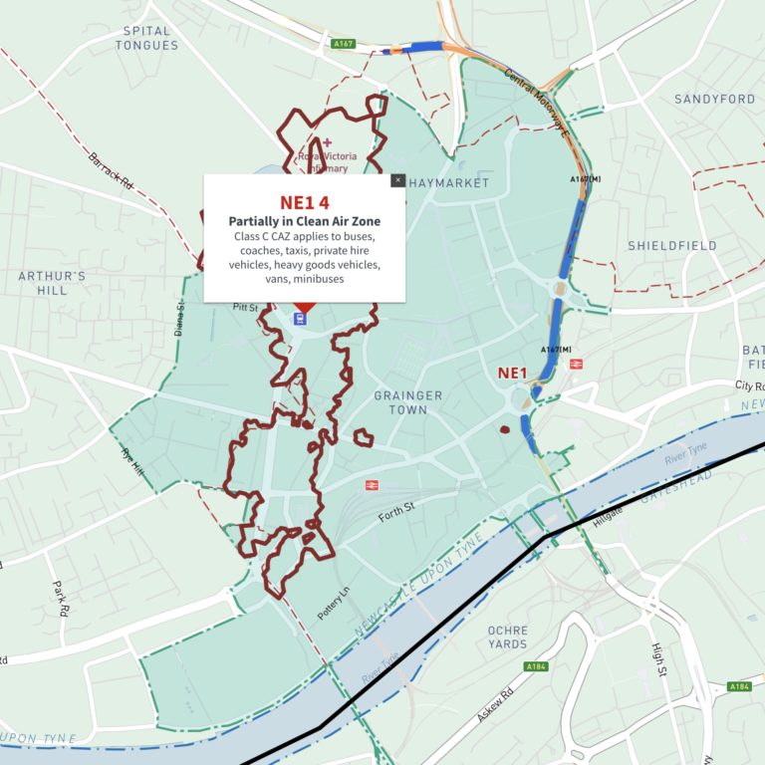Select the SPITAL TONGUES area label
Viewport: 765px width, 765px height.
click(146, 38)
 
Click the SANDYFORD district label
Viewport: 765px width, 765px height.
click(714, 100)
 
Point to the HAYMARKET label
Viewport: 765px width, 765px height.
click(449, 183)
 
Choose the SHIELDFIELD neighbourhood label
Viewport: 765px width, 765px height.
click(672, 245)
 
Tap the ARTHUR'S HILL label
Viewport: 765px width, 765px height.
click(52, 283)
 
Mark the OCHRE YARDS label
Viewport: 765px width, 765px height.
click(507, 637)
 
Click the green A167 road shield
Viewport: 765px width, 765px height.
click(344, 43)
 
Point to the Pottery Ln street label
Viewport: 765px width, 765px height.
click(335, 604)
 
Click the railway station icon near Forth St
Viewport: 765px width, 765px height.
click(371, 485)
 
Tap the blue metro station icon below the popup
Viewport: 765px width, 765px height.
click(299, 319)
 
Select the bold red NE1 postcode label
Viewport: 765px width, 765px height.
click(511, 374)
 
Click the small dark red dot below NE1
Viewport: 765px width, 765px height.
click(504, 430)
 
